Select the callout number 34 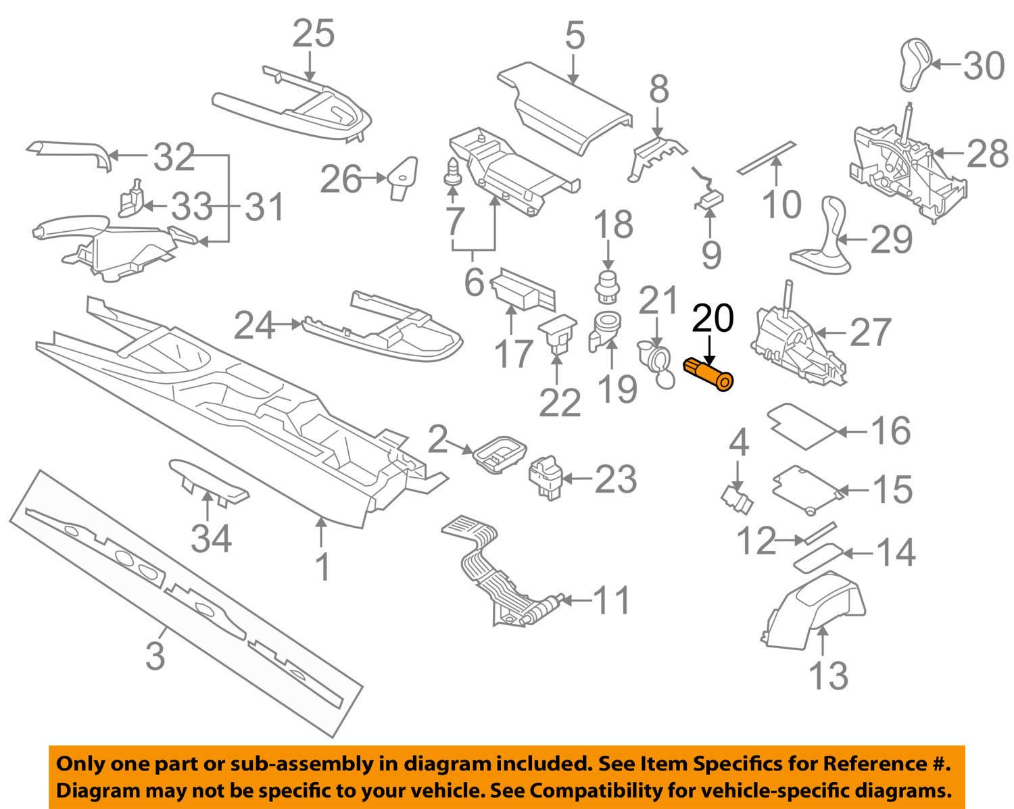coord(211,539)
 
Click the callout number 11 coord(612,599)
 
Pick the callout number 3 coord(155,655)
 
